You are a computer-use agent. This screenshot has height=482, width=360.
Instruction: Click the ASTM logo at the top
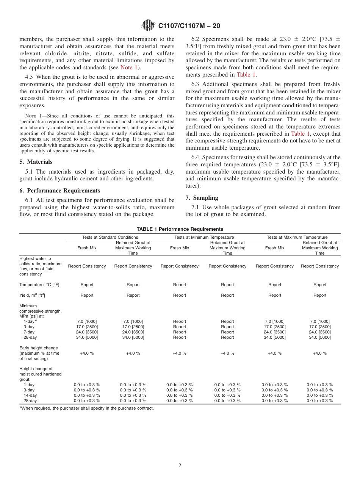coord(148,25)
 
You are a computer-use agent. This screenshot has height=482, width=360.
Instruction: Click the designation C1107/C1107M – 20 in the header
coord(189,26)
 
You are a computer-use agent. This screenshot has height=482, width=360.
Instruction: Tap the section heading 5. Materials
coord(36,162)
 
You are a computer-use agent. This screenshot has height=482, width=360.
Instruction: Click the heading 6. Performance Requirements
coord(60,191)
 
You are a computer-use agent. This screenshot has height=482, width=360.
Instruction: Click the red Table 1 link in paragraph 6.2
coord(246,75)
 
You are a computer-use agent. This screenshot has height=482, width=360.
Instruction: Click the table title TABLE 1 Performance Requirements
coord(180,229)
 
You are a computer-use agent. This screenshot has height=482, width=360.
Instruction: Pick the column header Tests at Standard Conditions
coord(110,237)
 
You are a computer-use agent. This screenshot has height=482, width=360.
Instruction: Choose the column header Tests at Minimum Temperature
coord(204,237)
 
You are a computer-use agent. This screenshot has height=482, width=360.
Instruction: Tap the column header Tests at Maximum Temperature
coord(297,237)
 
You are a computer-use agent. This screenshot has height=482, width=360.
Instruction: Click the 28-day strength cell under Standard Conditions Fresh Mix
coord(87,337)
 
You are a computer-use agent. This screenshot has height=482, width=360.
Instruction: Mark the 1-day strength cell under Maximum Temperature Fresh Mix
coord(274,321)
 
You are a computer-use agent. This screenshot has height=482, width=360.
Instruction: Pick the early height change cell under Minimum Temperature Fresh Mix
coord(179,353)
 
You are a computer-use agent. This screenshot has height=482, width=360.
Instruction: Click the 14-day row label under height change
coord(30,395)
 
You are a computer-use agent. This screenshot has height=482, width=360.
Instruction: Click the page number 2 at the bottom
coord(180,466)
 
